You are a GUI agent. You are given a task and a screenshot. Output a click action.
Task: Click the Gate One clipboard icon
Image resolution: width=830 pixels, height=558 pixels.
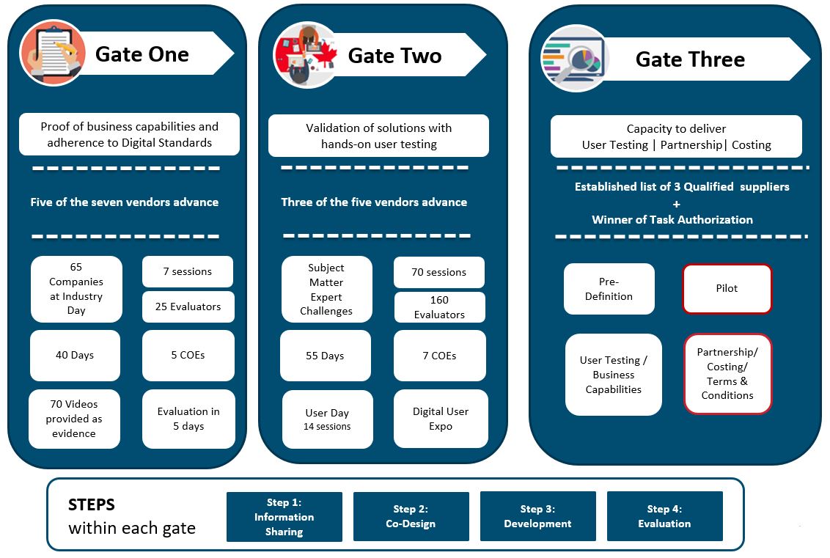52,54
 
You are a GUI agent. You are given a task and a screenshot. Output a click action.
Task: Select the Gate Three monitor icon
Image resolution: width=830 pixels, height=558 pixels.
574,59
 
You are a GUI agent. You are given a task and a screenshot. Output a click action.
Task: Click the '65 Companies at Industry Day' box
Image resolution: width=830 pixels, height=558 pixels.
76,289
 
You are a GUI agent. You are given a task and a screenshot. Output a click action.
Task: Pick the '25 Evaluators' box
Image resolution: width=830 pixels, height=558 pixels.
188,306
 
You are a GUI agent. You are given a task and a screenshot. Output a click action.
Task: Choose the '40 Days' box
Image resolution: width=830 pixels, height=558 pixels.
75,355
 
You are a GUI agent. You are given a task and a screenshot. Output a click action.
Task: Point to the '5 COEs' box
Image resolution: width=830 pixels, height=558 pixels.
188,355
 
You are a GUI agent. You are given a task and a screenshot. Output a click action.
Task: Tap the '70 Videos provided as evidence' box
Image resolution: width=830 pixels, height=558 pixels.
74,419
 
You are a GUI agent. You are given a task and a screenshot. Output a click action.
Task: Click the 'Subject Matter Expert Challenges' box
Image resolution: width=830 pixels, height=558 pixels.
326,289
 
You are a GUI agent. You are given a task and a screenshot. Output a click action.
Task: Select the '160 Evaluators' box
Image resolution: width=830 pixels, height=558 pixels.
439,306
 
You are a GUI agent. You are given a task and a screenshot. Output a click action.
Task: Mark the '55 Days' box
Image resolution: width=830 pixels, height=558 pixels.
325,356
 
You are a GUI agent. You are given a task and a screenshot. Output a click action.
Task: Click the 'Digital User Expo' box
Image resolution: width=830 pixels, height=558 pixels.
440,419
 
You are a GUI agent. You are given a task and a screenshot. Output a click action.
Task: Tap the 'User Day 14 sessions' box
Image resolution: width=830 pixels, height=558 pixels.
327,419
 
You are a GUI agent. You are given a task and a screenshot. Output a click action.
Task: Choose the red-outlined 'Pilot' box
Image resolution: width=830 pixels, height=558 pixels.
727,288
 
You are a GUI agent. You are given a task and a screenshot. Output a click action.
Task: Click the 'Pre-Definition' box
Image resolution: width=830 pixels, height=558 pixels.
609,289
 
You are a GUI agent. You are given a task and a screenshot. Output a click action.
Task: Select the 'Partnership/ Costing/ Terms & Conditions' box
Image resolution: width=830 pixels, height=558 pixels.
727,373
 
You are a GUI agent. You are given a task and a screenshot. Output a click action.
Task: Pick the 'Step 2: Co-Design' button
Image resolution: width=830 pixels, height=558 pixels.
411,516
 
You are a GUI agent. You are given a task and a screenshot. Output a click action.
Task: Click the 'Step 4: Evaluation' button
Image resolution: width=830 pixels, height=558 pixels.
664,516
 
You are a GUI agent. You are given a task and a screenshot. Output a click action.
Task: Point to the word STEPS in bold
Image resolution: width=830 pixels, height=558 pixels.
92,505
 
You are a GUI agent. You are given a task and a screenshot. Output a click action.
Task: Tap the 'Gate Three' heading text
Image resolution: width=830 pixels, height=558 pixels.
689,59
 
